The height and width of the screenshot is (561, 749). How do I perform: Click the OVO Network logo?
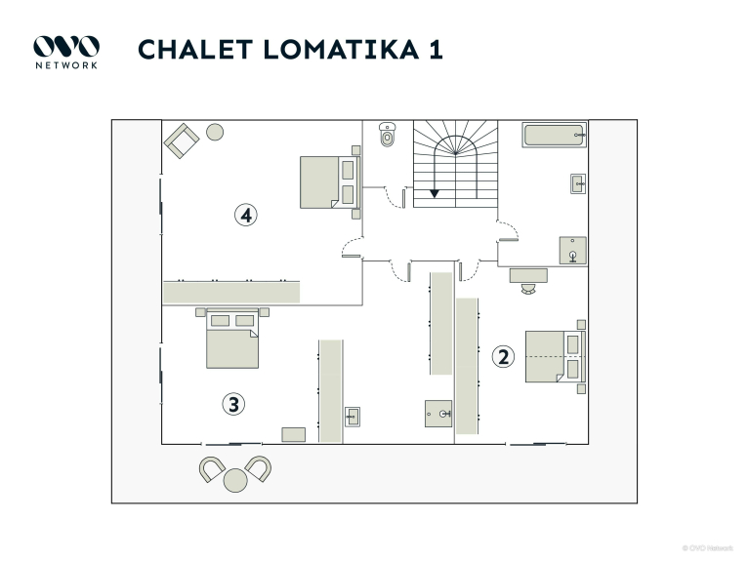click(66, 51)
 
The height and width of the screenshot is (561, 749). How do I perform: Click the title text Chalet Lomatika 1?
click(290, 50)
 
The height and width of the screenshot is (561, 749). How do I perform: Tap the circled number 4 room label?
click(246, 215)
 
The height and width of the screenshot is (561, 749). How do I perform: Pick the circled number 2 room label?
click(503, 356)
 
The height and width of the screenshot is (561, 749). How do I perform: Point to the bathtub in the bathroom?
click(553, 135)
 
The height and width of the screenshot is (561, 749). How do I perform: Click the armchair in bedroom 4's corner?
click(182, 140)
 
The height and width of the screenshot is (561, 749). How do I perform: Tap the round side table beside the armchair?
click(215, 132)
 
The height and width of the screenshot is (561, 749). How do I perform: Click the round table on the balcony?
click(235, 480)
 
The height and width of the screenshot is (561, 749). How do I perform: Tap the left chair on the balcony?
click(212, 468)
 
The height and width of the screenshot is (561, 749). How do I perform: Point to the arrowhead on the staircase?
click(435, 193)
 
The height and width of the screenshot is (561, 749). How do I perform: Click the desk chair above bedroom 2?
click(528, 289)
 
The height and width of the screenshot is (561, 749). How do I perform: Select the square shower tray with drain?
click(573, 251)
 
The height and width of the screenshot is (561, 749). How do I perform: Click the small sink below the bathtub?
click(577, 182)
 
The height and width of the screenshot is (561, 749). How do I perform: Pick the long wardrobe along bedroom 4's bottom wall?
click(231, 291)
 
